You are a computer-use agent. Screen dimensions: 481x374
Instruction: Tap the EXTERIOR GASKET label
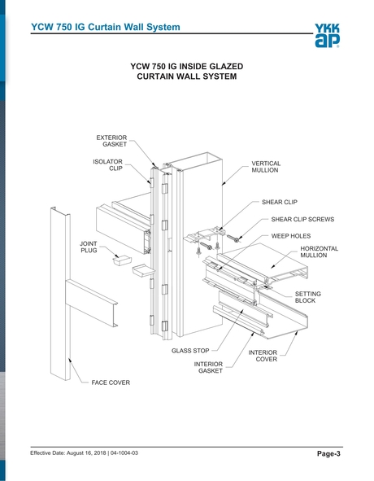pyautogui.click(x=111, y=142)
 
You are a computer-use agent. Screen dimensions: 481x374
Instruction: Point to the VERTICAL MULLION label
pyautogui.click(x=265, y=167)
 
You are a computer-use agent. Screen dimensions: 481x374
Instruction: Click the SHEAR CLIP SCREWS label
pyautogui.click(x=302, y=219)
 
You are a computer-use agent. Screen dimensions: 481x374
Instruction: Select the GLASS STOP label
pyautogui.click(x=189, y=352)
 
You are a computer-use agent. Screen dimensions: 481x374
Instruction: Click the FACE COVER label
pyautogui.click(x=111, y=382)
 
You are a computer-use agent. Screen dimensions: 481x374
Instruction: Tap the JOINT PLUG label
pyautogui.click(x=89, y=247)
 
